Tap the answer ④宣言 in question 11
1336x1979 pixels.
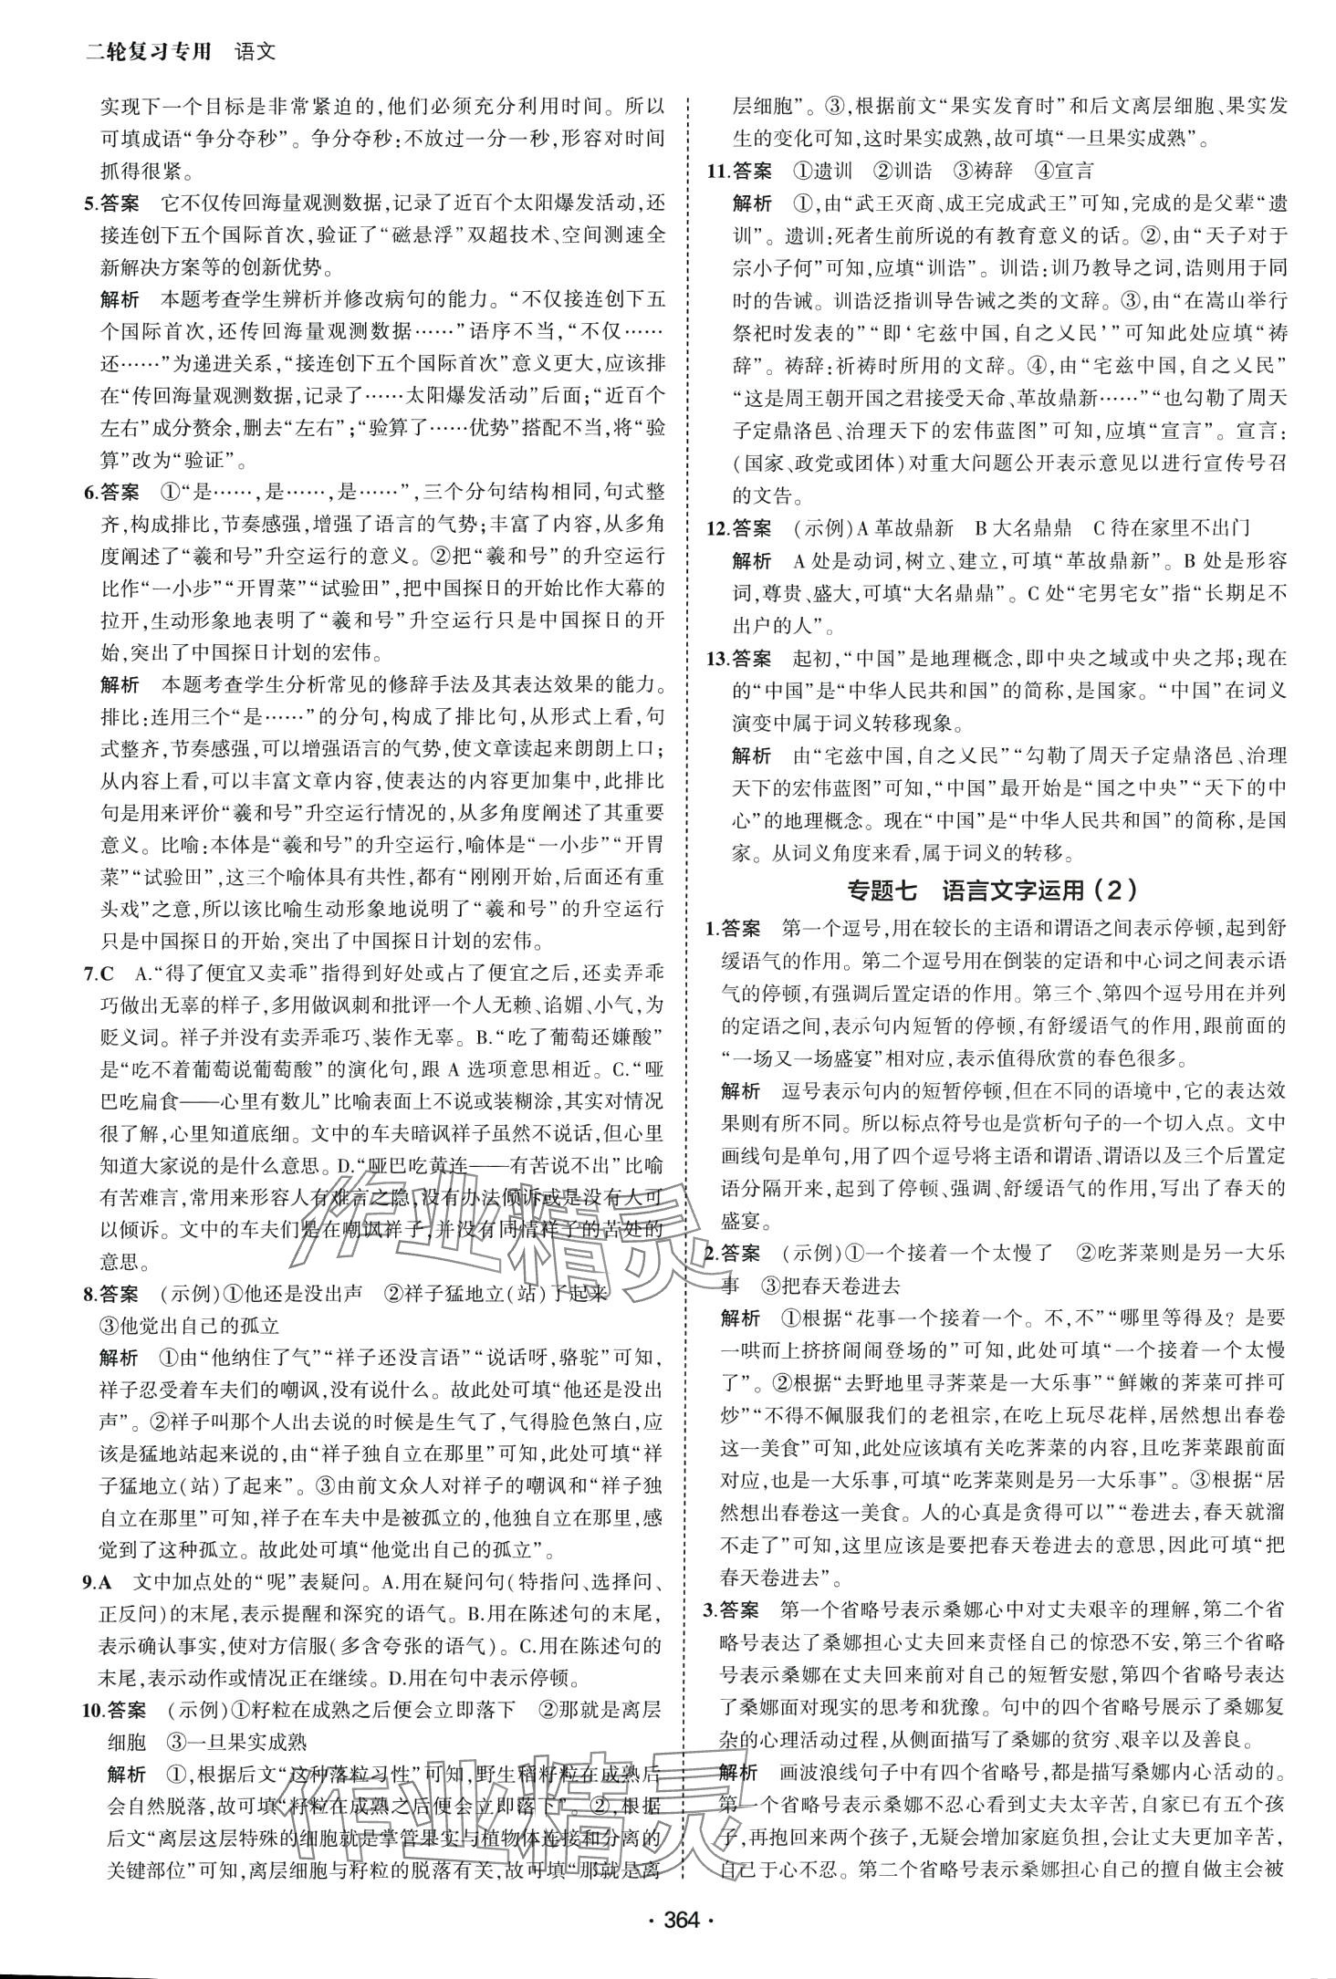(x=1062, y=171)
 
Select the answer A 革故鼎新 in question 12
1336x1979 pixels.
(x=900, y=527)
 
